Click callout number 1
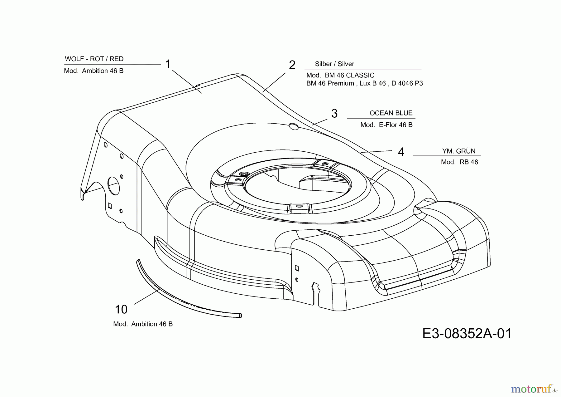click(168, 64)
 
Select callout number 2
click(292, 65)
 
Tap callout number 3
click(334, 114)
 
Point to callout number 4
click(401, 152)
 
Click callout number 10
click(121, 310)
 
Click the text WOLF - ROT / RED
click(94, 59)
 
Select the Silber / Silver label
click(334, 64)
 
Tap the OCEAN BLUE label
click(391, 113)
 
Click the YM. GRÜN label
click(459, 151)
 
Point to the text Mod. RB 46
click(459, 162)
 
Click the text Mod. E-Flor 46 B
click(386, 125)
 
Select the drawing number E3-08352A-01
click(467, 334)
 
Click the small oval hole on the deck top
click(294, 126)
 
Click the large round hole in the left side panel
click(114, 185)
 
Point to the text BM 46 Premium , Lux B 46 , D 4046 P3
click(365, 83)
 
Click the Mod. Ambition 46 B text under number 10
click(143, 324)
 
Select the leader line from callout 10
click(147, 297)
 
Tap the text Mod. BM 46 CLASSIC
click(340, 75)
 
